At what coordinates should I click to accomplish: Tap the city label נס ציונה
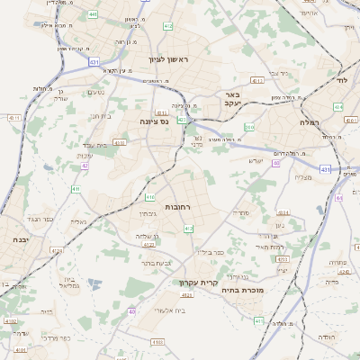156,120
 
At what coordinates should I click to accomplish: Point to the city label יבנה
20,240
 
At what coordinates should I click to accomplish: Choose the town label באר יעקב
233,98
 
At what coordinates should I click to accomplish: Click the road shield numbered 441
94,14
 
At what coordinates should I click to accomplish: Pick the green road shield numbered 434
338,106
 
